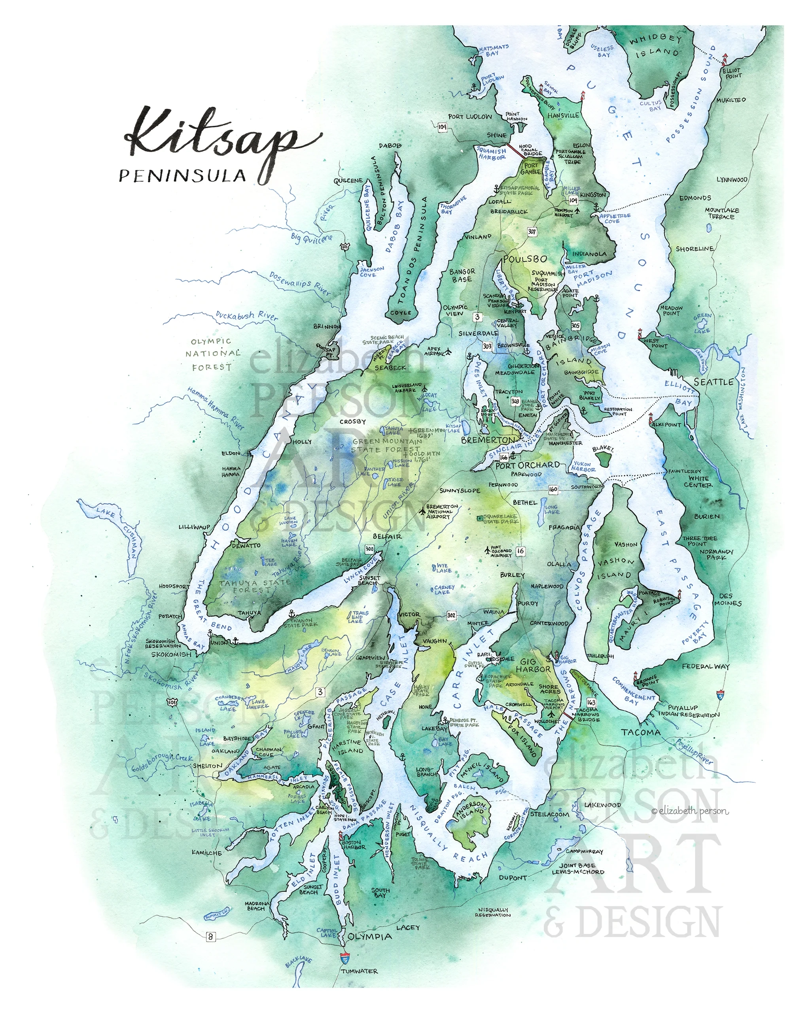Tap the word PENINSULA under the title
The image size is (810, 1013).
coord(182,176)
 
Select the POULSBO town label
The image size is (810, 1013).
coord(525,259)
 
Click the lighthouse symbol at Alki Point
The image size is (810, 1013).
coord(651,418)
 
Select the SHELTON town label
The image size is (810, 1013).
coord(208,766)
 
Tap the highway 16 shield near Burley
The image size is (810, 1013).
coord(520,551)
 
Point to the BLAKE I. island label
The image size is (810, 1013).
coord(602,449)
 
